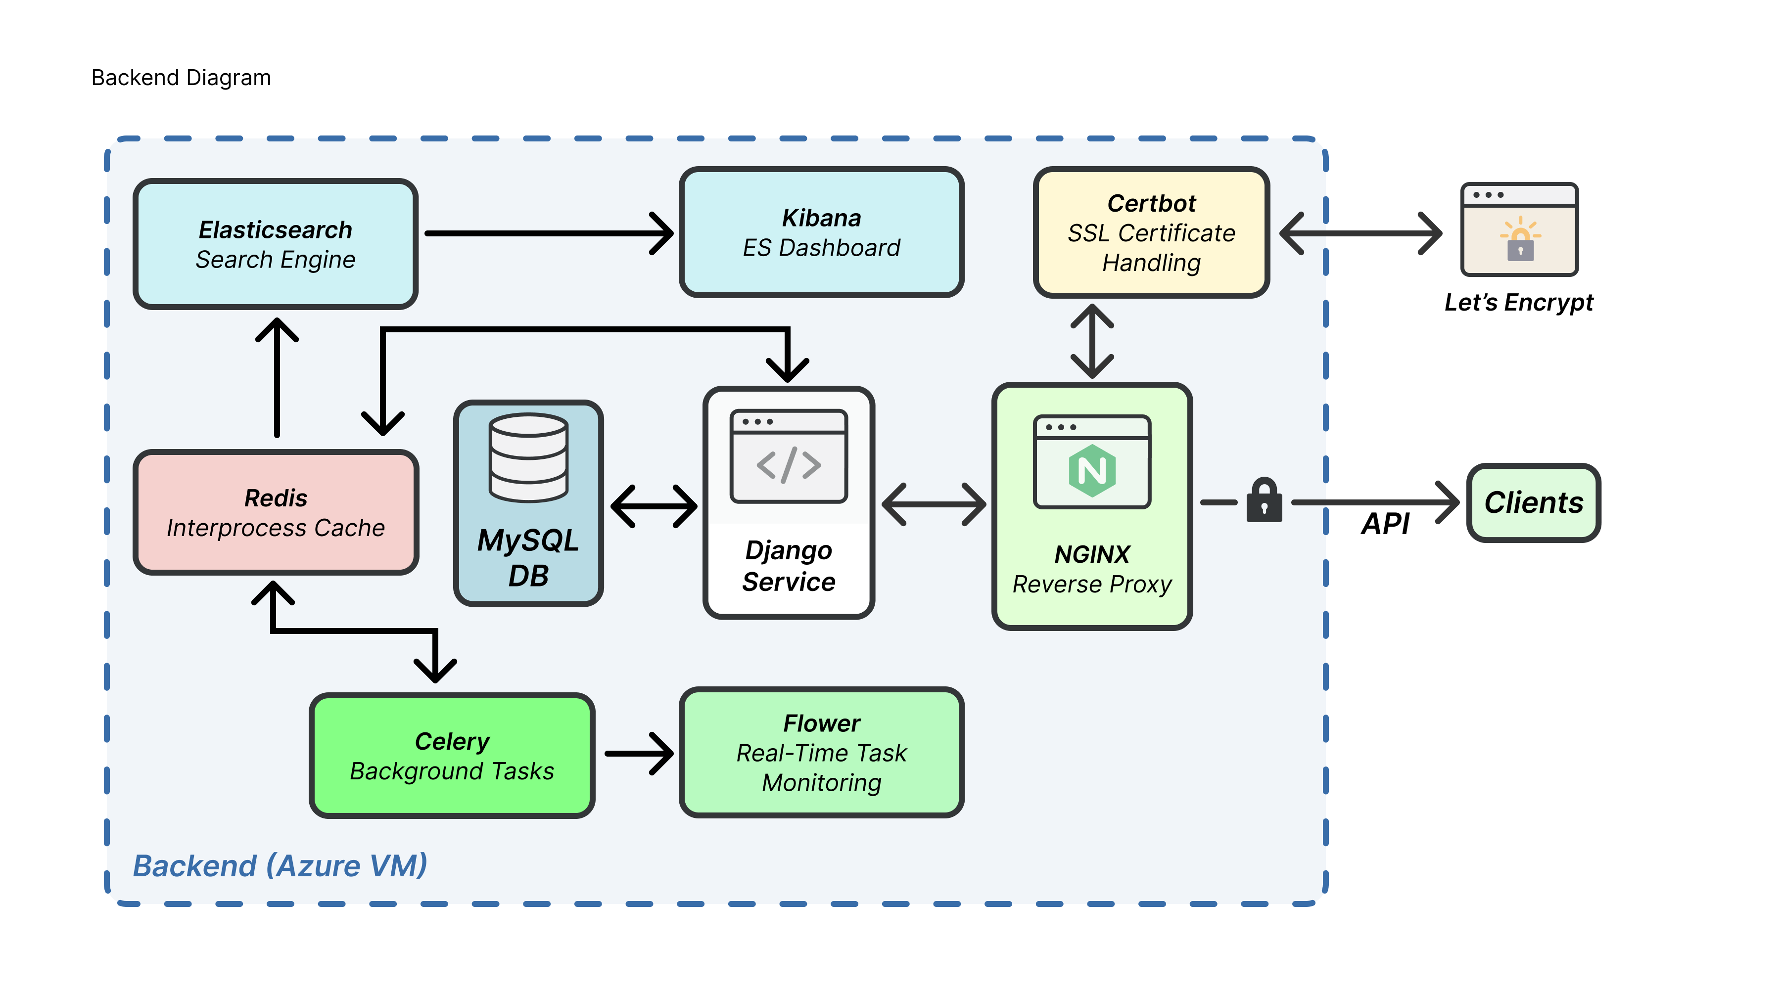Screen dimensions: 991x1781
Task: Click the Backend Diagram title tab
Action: point(181,78)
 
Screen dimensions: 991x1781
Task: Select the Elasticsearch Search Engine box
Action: point(275,244)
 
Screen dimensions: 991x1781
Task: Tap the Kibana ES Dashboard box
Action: point(821,233)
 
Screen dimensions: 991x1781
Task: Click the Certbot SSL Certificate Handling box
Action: point(1151,233)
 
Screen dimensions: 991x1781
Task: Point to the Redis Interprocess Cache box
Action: point(275,512)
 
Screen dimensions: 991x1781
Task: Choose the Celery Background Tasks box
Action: point(452,755)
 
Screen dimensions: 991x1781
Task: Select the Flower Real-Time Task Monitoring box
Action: point(821,753)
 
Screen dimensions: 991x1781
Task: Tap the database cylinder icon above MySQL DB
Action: point(528,457)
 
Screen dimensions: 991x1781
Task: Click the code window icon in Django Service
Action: point(788,456)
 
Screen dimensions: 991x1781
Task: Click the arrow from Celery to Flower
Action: point(638,753)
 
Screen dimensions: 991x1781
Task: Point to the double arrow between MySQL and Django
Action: point(654,506)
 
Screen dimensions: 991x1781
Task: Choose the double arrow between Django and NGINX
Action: point(934,504)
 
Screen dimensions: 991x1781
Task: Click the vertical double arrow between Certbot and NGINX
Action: point(1092,341)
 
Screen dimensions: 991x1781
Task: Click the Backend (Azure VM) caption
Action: point(280,866)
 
